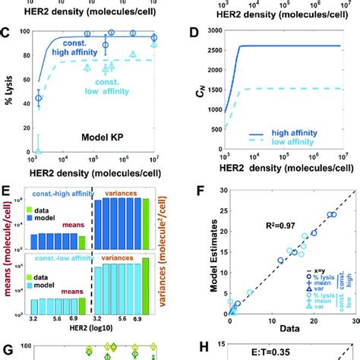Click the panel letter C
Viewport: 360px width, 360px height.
pos(6,34)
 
